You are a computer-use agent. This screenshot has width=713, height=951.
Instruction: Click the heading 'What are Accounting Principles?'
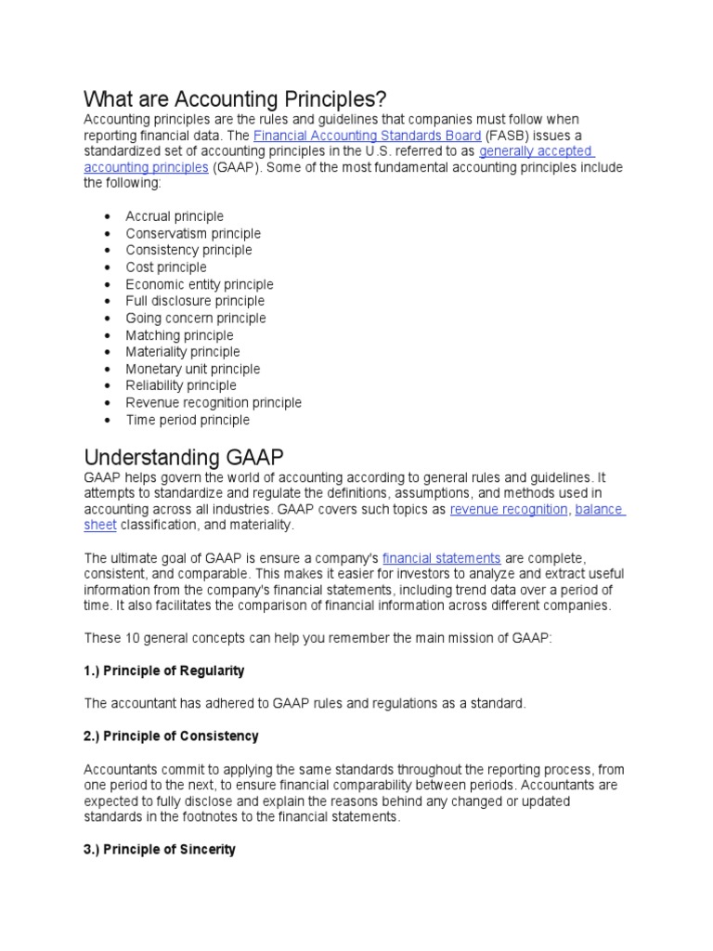coord(234,98)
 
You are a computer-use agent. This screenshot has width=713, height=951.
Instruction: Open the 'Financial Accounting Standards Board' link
coord(367,135)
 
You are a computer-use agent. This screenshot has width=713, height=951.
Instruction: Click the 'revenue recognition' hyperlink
coord(508,509)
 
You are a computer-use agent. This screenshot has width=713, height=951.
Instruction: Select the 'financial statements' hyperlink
coord(441,558)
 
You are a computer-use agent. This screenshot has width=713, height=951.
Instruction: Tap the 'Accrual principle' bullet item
coord(175,216)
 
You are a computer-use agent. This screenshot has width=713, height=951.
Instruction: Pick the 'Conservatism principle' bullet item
coord(193,233)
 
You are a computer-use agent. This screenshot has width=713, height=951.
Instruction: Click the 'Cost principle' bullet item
coord(166,267)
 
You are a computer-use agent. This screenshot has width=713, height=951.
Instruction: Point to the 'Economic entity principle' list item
coord(200,284)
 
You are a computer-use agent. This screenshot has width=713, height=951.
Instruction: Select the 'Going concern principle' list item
coord(195,318)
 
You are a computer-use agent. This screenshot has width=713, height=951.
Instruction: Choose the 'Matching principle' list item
coord(179,335)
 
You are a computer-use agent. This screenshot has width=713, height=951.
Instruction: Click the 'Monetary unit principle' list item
coord(193,369)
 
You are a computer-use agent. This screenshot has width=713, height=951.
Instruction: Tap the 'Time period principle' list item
coord(188,420)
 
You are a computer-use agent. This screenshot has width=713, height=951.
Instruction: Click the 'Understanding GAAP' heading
coord(184,458)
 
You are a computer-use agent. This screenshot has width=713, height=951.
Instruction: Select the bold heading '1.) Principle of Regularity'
coord(164,671)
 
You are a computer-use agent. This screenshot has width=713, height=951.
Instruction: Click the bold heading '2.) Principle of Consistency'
coord(171,736)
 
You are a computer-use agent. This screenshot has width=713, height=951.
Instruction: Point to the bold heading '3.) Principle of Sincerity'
coord(160,849)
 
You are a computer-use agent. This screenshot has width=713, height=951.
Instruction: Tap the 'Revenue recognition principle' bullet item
coord(214,403)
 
